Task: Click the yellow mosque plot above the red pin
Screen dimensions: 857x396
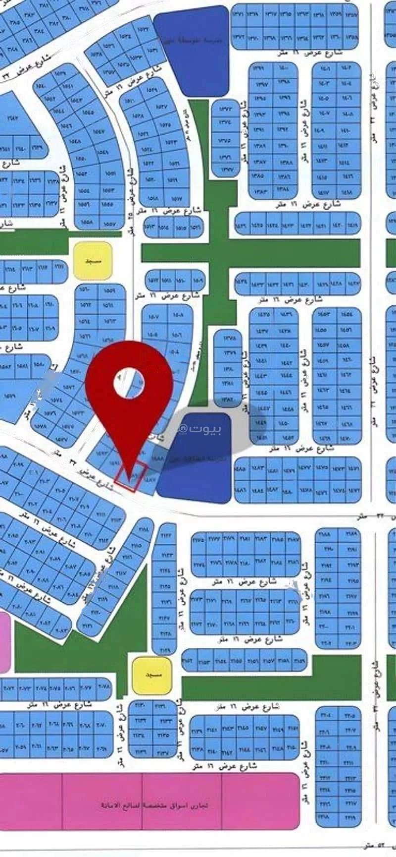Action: (93, 260)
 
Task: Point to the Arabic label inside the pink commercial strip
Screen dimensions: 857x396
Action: (155, 805)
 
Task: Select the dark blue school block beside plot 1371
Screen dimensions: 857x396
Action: (192, 50)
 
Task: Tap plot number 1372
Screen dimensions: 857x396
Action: (225, 109)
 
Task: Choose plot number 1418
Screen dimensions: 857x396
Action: (347, 192)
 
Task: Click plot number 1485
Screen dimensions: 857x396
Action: (241, 468)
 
